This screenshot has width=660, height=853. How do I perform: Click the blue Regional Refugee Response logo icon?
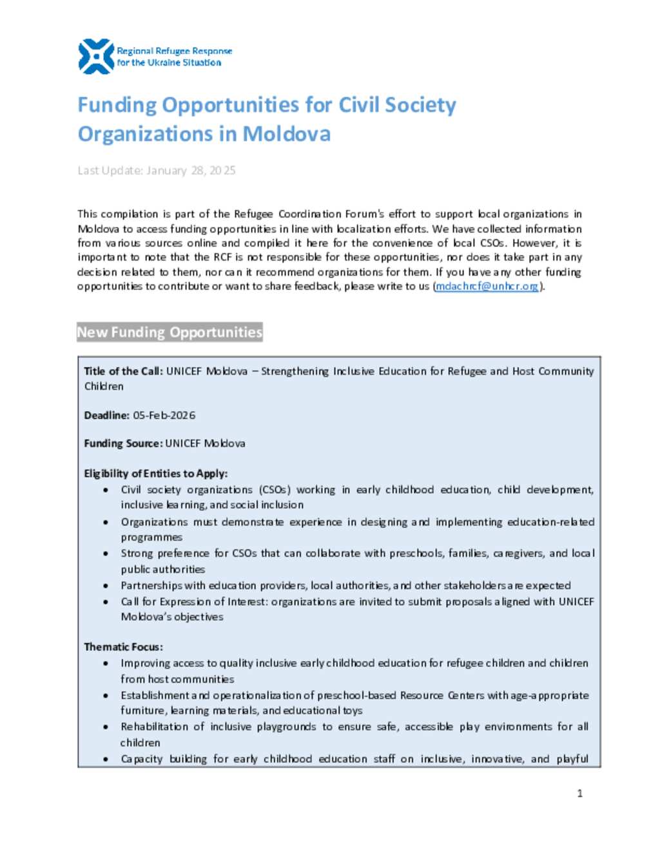pyautogui.click(x=95, y=56)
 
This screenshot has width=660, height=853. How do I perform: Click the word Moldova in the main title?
pyautogui.click(x=286, y=134)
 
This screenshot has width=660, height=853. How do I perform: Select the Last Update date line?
pyautogui.click(x=157, y=171)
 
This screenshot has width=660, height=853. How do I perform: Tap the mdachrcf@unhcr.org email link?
pyautogui.click(x=487, y=286)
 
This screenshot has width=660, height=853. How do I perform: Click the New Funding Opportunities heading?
pyautogui.click(x=170, y=332)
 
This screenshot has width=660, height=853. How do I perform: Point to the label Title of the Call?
pyautogui.click(x=122, y=371)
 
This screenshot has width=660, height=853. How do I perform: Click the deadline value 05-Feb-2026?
pyautogui.click(x=164, y=415)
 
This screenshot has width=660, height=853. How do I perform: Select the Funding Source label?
pyautogui.click(x=122, y=444)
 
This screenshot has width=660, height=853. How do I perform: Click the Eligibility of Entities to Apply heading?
pyautogui.click(x=155, y=473)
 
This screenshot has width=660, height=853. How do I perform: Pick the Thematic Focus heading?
pyautogui.click(x=123, y=646)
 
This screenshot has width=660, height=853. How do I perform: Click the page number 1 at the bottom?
pyautogui.click(x=579, y=793)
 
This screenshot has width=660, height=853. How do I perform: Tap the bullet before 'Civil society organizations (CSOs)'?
pyautogui.click(x=106, y=490)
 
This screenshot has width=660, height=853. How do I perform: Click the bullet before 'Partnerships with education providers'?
pyautogui.click(x=106, y=586)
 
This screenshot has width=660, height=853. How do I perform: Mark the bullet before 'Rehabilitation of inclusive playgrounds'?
pyautogui.click(x=106, y=727)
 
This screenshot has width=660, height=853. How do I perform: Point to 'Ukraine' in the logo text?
pyautogui.click(x=164, y=62)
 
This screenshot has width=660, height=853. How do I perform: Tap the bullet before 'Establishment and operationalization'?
pyautogui.click(x=106, y=695)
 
